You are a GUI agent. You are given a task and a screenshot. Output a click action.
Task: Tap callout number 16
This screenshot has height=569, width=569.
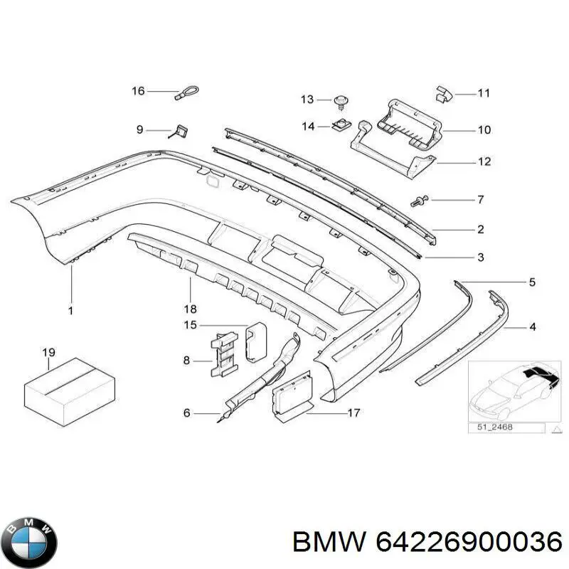[x=138, y=91]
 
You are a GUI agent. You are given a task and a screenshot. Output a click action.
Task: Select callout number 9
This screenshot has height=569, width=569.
[x=140, y=129]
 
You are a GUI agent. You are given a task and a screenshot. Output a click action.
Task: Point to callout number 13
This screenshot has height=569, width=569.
[x=307, y=99]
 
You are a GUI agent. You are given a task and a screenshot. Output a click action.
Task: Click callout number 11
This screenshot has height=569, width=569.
[x=484, y=93]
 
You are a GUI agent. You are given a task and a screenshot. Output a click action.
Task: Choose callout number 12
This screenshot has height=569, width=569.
[x=484, y=162]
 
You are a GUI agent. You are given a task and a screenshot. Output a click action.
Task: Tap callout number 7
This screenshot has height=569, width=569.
[x=480, y=198]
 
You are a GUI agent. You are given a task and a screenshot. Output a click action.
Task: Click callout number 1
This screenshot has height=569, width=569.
[x=71, y=310]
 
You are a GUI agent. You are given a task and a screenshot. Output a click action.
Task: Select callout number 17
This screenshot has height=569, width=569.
[x=353, y=413]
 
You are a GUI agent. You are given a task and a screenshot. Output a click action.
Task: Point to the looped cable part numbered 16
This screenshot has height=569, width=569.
[x=188, y=92]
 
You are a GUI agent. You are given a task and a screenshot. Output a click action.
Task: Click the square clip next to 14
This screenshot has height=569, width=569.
[x=342, y=126]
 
